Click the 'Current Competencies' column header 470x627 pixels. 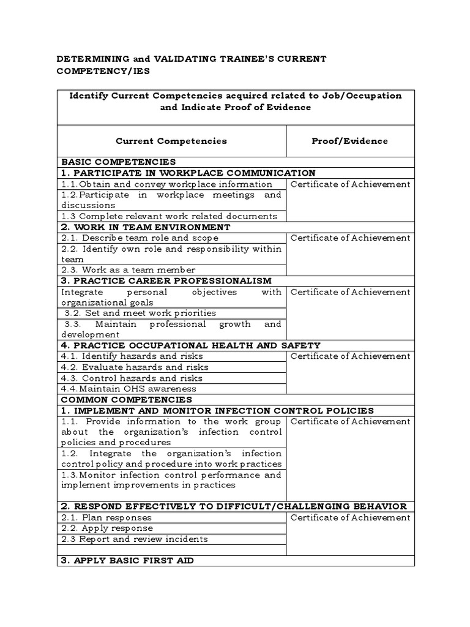point(171,141)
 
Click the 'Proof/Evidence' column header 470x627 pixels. point(349,141)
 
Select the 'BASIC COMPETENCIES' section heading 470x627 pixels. point(118,162)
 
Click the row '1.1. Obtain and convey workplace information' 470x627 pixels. point(166,184)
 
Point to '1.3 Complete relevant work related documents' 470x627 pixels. point(169,216)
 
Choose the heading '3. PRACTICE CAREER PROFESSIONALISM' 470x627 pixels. point(166,281)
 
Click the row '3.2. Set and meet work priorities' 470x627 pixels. point(140,313)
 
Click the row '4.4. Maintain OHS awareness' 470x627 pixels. point(129,389)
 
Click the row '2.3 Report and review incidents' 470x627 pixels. point(135,539)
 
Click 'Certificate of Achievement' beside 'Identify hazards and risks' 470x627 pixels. point(350,356)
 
